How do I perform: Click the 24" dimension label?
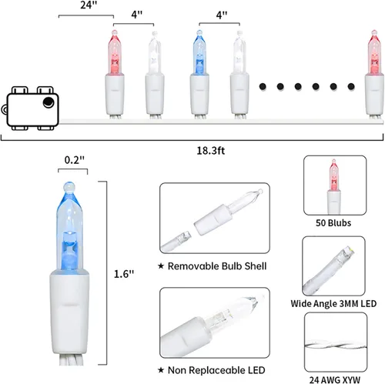coord(89,5)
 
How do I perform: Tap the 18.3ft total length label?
coord(210,151)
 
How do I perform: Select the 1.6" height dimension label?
coord(124,274)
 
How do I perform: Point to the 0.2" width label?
coord(75,160)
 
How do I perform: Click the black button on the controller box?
coord(49,102)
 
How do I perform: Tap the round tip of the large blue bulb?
coord(69,187)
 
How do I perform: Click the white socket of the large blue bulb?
coord(69,311)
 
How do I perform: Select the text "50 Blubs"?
coord(333,223)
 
